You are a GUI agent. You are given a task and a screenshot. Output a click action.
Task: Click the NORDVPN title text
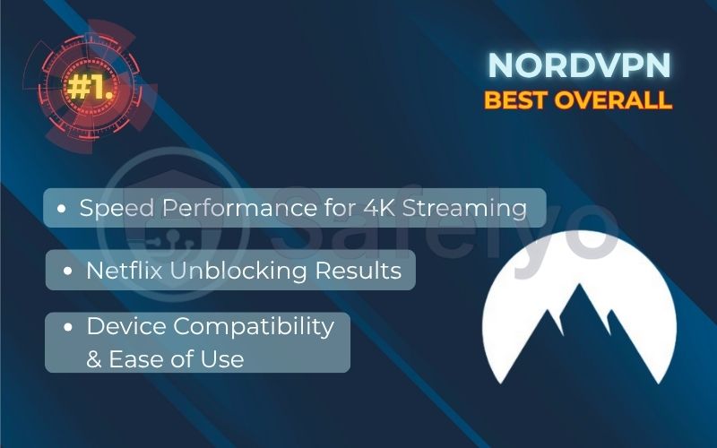coord(579,65)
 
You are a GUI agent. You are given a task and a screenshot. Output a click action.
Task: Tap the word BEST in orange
coord(517,99)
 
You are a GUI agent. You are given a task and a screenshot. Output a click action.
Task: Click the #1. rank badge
coord(88,88)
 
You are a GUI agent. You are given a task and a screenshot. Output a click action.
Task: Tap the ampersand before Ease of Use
coord(94,359)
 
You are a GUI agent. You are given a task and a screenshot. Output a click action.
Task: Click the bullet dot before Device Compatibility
coord(69,328)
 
